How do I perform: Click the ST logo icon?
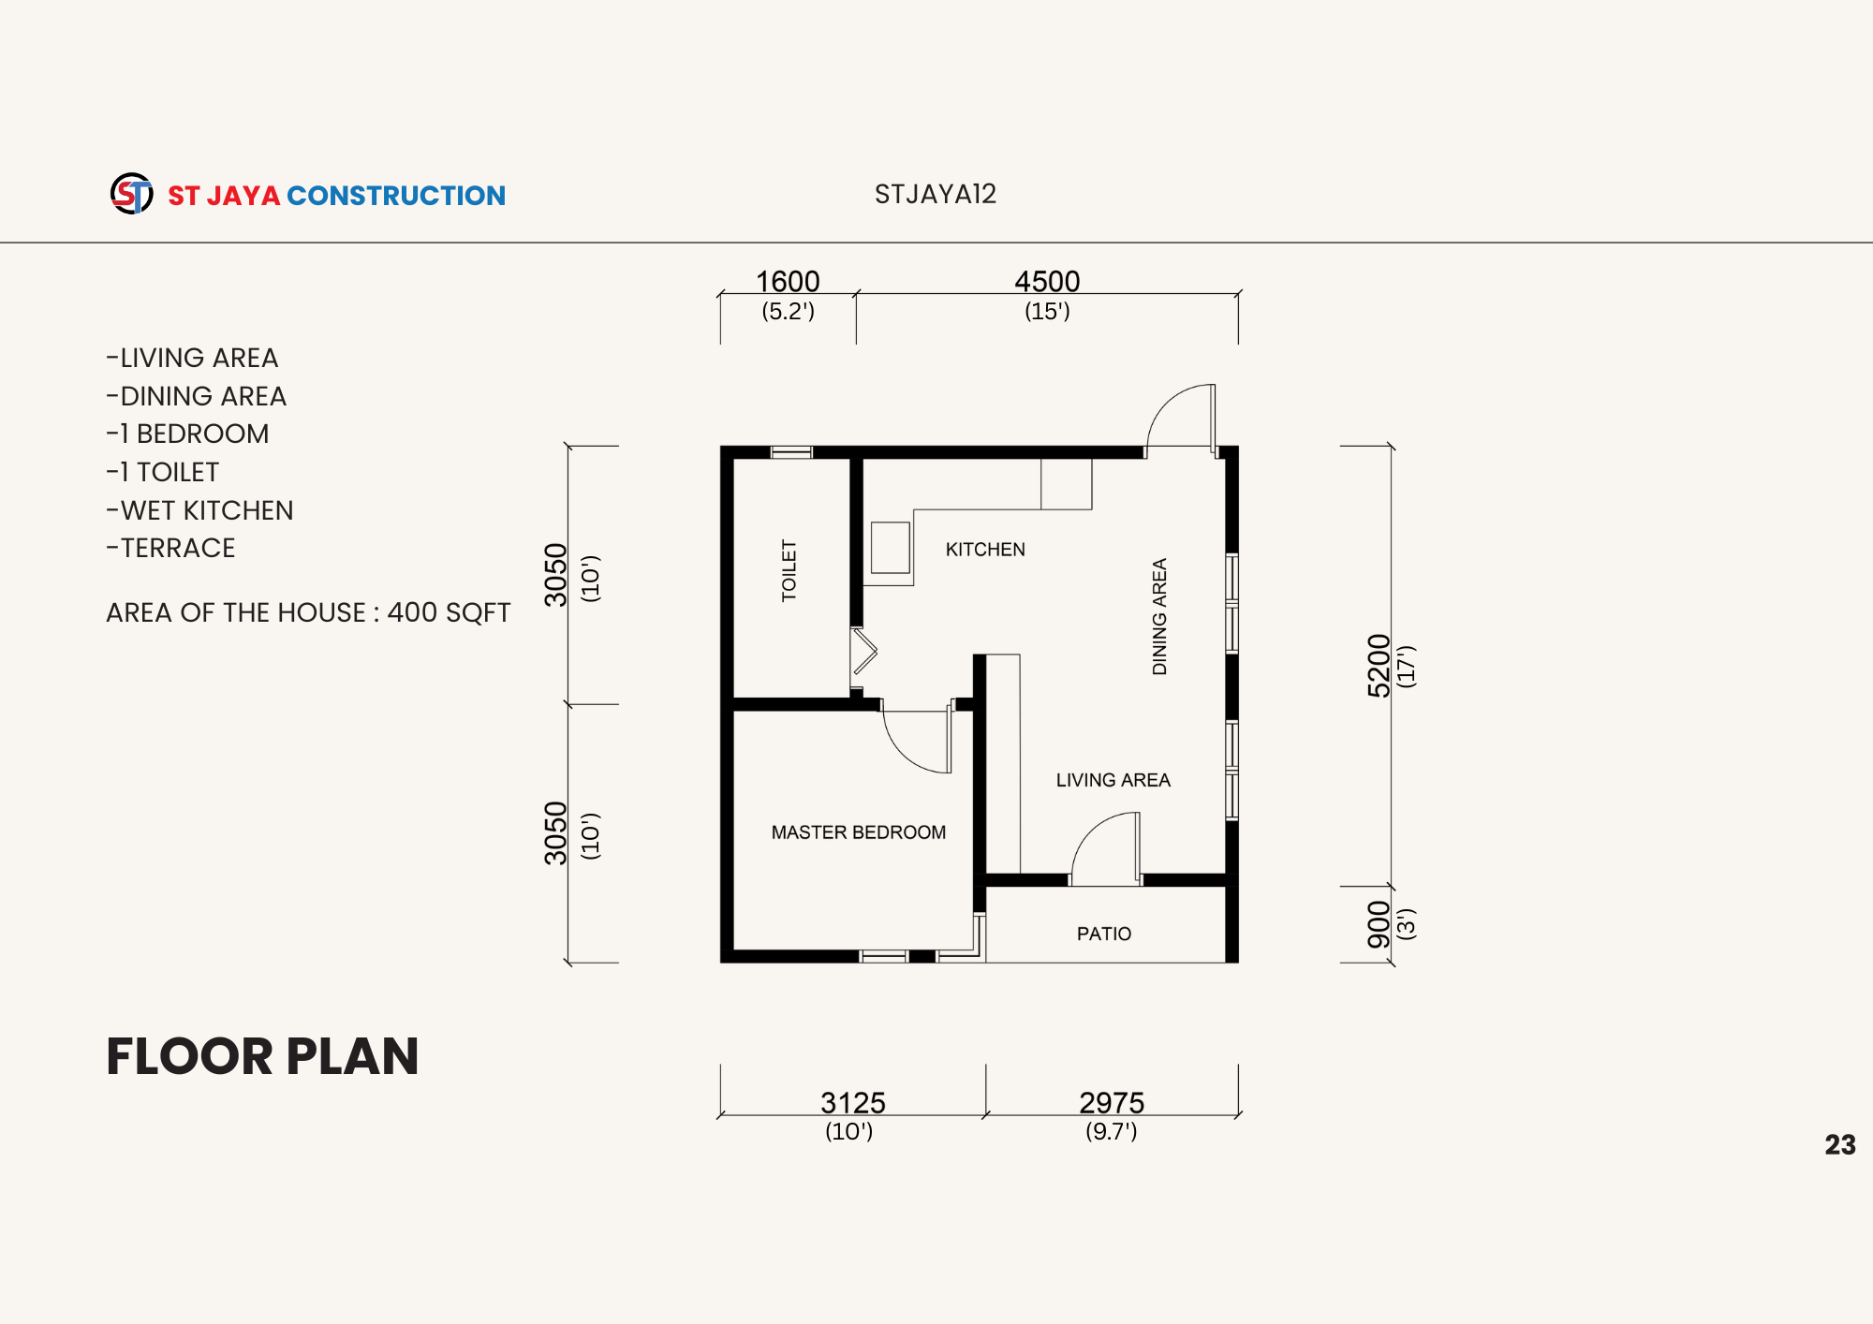tap(132, 194)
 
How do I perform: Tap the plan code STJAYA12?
tap(936, 194)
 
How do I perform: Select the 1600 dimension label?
tap(788, 281)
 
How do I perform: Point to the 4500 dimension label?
tap(1047, 281)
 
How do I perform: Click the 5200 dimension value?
tap(1379, 666)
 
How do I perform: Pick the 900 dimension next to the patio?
tap(1379, 924)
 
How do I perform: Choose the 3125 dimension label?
tap(853, 1102)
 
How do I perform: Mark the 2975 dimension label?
tap(1112, 1102)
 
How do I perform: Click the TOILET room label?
tap(789, 570)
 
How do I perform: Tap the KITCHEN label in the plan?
tap(985, 550)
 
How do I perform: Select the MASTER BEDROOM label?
tap(859, 832)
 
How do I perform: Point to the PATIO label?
tap(1104, 934)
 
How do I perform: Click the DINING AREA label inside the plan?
tap(1159, 617)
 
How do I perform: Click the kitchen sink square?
tap(891, 548)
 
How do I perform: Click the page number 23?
tap(1840, 1144)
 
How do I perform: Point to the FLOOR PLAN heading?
tap(262, 1056)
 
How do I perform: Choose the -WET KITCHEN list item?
tap(200, 510)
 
